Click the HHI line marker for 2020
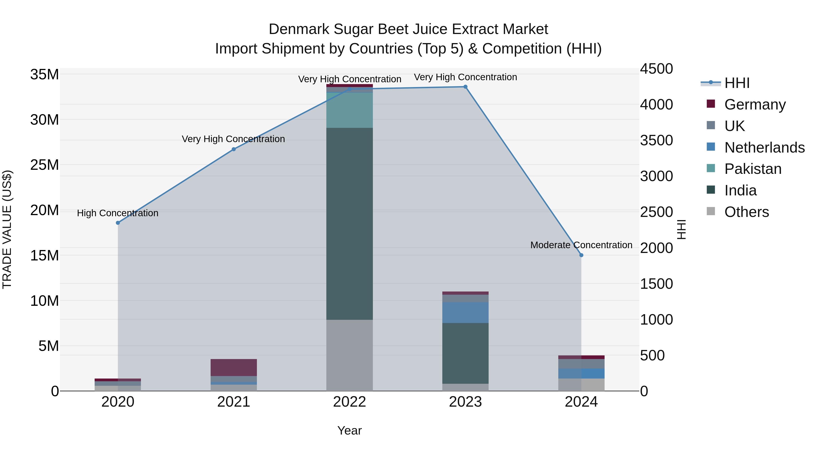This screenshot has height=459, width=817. point(118,223)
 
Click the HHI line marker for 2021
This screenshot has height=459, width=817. point(234,149)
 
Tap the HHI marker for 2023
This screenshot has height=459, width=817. point(465,87)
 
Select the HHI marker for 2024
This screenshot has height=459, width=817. point(581,255)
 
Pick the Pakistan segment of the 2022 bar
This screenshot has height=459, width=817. point(349,110)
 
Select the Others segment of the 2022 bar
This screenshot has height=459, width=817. point(349,355)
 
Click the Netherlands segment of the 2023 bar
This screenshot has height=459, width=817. point(465,312)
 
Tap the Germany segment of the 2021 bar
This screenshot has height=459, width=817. point(234,367)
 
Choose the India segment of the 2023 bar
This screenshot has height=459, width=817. point(465,353)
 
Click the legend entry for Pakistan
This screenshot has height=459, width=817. point(753,169)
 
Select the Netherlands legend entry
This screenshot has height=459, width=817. point(764,147)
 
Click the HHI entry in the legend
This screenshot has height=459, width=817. point(737,83)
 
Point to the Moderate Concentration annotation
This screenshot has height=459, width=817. point(581,245)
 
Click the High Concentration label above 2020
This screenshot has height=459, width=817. point(118,213)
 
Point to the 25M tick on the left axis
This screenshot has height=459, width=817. point(44,165)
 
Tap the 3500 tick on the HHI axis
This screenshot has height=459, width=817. point(656,140)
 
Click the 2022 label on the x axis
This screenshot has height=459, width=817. point(349,402)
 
